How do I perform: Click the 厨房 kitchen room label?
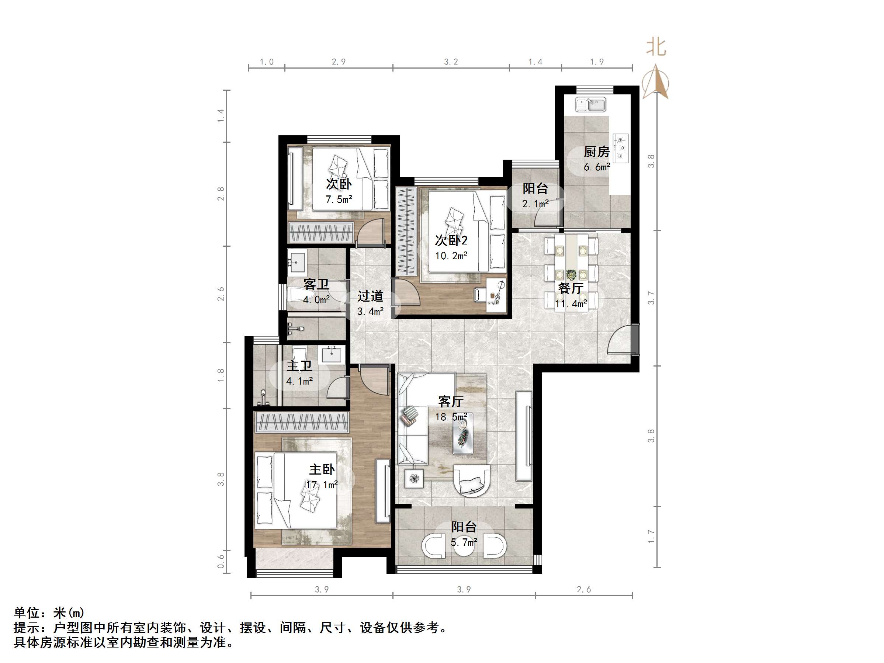(x=596, y=152)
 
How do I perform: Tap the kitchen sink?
(x=591, y=105)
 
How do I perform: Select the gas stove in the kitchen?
(x=621, y=148)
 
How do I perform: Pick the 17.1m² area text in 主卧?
(x=322, y=485)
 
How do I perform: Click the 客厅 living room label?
(x=451, y=401)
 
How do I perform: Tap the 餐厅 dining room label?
(x=571, y=288)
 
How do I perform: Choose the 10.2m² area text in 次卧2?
(x=451, y=256)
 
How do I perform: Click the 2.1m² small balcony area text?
(x=535, y=204)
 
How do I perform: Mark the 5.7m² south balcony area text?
(x=464, y=542)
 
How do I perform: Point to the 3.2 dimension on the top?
(x=451, y=62)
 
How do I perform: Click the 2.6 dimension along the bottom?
(x=583, y=590)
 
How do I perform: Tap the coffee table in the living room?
(x=463, y=434)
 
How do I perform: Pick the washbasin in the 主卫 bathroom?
(x=331, y=354)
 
